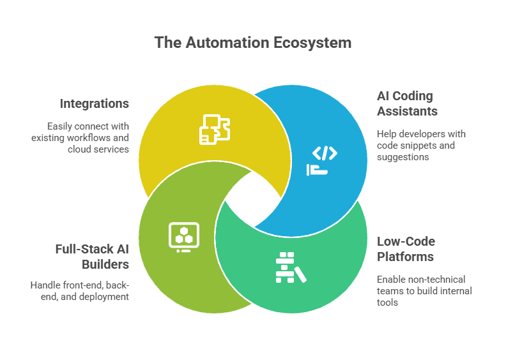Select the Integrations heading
pyautogui.click(x=94, y=103)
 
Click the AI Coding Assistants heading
pyautogui.click(x=407, y=103)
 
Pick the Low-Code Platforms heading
pyautogui.click(x=406, y=249)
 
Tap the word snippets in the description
pyautogui.click(x=424, y=145)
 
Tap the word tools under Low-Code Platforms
pyautogui.click(x=387, y=302)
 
